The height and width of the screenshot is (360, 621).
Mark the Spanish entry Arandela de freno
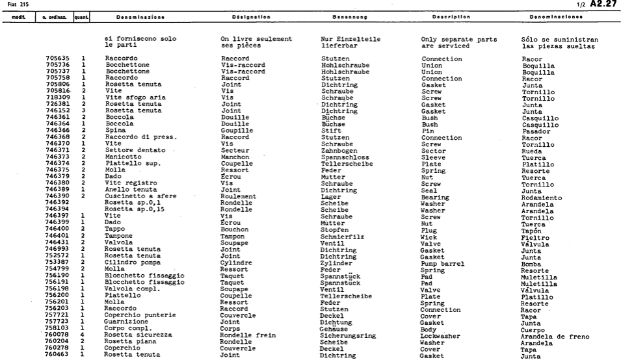(x=555, y=337)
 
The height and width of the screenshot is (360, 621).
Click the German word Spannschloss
(x=342, y=155)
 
